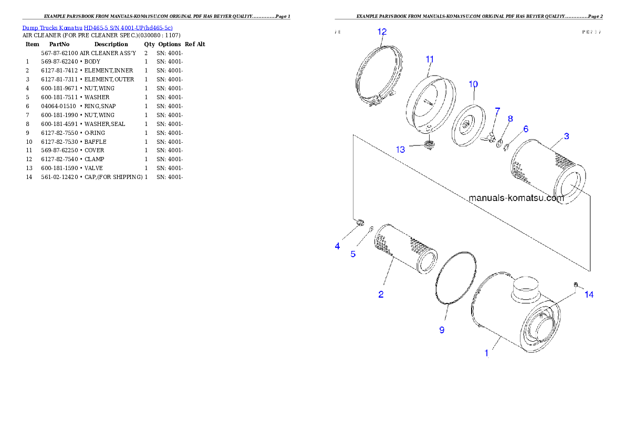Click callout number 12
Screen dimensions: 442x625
382,31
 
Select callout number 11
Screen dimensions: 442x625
430,59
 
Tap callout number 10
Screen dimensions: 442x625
473,84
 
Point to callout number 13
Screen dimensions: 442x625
400,150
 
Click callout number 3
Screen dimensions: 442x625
567,136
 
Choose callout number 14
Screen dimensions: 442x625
589,294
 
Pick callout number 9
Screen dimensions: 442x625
442,330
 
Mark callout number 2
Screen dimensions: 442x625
381,294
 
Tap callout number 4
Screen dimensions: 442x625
337,246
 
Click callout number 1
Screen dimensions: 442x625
486,353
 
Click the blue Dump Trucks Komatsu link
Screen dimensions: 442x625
97,27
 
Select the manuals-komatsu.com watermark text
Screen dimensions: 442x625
516,198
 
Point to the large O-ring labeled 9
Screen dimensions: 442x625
456,278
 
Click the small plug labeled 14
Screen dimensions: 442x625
576,285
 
